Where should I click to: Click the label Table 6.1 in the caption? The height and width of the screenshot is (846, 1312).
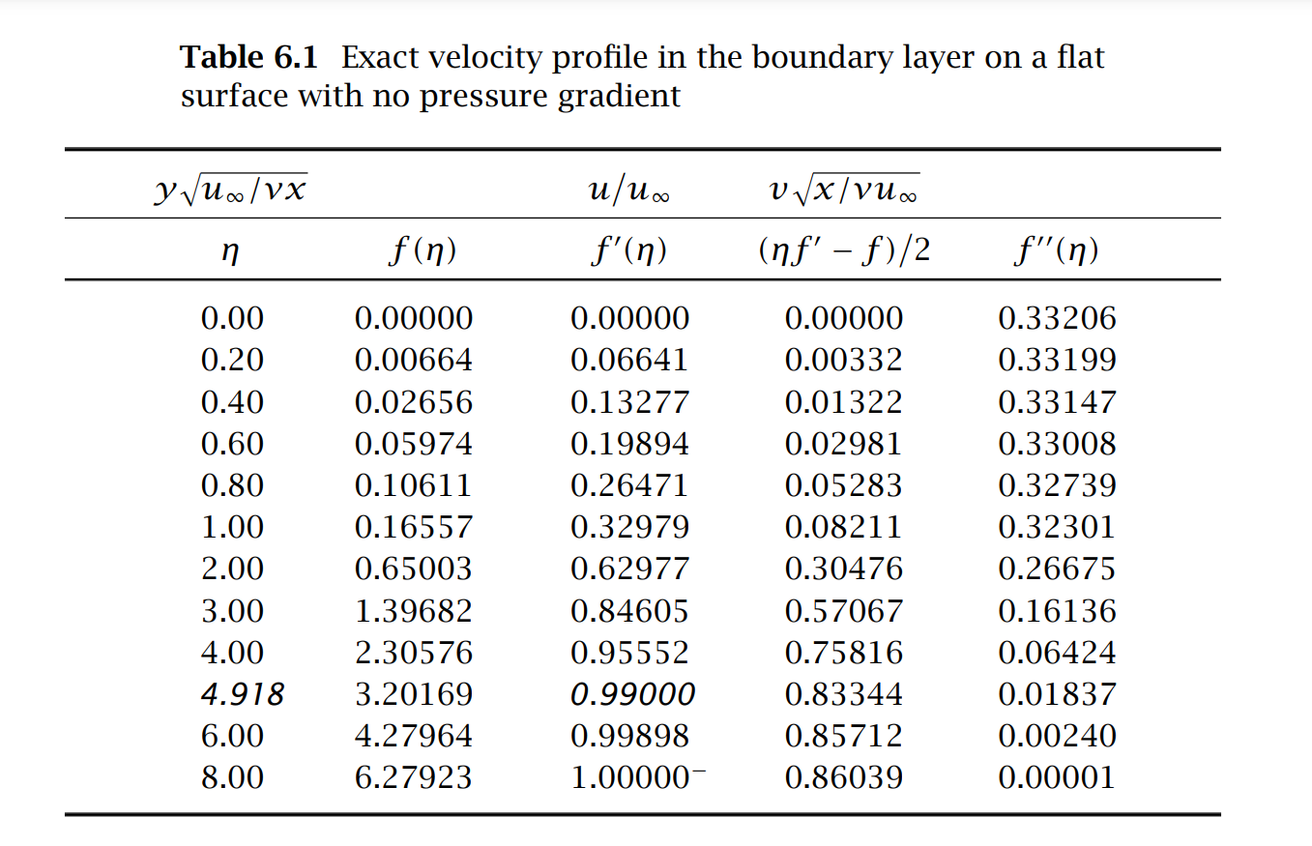click(x=248, y=58)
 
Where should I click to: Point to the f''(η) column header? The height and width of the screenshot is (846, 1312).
click(x=1056, y=252)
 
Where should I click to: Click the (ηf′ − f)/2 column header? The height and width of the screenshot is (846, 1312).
click(x=843, y=252)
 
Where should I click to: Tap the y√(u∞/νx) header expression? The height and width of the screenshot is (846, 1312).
click(x=230, y=189)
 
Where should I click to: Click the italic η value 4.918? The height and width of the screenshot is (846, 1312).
click(x=242, y=694)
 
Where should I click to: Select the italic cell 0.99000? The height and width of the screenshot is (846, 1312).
click(x=632, y=694)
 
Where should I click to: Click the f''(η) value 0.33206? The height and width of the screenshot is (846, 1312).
click(x=1057, y=318)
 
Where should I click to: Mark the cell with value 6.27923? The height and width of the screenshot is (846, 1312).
click(x=414, y=777)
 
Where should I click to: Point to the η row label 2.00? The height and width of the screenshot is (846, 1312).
click(x=232, y=569)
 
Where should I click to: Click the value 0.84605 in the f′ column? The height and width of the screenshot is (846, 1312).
click(x=629, y=611)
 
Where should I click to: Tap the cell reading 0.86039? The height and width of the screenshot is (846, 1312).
click(x=843, y=777)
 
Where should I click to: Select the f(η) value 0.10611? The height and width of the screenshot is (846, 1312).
click(x=414, y=485)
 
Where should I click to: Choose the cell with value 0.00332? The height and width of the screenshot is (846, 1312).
click(x=843, y=360)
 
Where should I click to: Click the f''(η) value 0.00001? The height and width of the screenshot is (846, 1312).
click(x=1057, y=777)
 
